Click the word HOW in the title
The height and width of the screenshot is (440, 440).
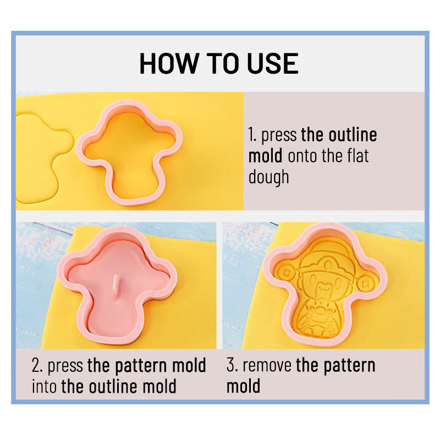(168, 63)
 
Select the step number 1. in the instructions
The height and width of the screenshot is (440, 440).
(252, 135)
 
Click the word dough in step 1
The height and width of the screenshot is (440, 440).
(268, 178)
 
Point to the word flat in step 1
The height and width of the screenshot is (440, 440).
(358, 156)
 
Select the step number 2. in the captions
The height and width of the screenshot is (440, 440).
(37, 365)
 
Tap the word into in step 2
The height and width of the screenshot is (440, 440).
(45, 387)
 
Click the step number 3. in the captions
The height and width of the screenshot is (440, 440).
(232, 365)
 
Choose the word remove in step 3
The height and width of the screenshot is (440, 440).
(267, 366)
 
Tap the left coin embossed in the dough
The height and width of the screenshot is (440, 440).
(286, 272)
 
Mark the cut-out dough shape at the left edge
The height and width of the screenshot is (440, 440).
(42, 158)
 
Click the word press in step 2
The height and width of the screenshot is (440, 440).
(65, 366)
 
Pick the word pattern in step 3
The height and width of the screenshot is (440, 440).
(349, 366)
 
